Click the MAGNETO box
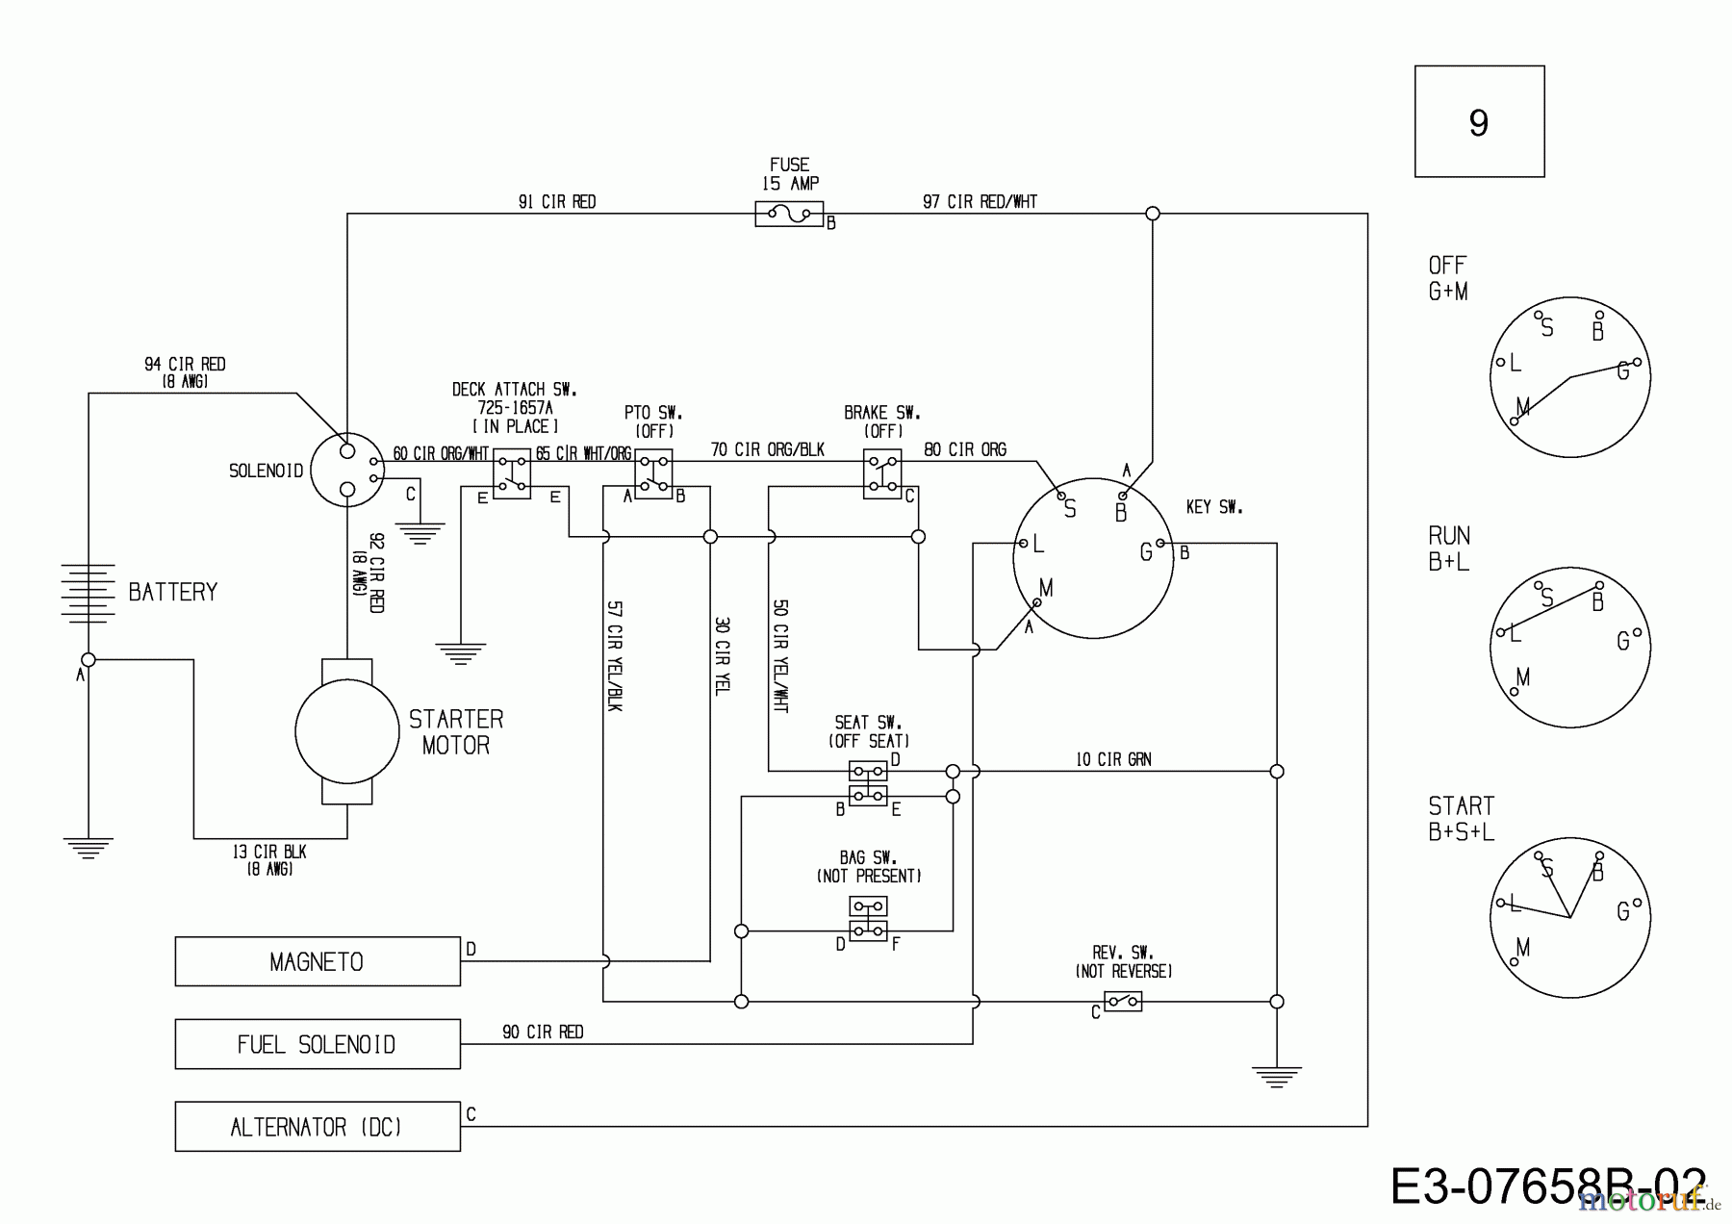pos(317,961)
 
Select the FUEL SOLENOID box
pos(317,1044)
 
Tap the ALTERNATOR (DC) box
pos(317,1127)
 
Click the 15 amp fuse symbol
pos(789,214)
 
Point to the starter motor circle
pos(346,732)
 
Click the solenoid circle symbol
pos(347,471)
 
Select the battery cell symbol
pos(88,591)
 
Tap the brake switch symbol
pos(882,473)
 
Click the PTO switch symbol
pos(653,473)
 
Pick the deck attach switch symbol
pos(511,473)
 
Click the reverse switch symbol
pos(1122,1002)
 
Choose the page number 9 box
pos(1479,122)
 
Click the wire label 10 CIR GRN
pos(1112,759)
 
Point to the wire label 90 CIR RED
pos(543,1032)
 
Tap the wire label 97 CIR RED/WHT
pos(980,201)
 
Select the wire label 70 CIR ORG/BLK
pos(767,449)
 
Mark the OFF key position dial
pos(1569,376)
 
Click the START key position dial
pos(1569,916)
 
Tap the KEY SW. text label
pos(1213,506)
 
